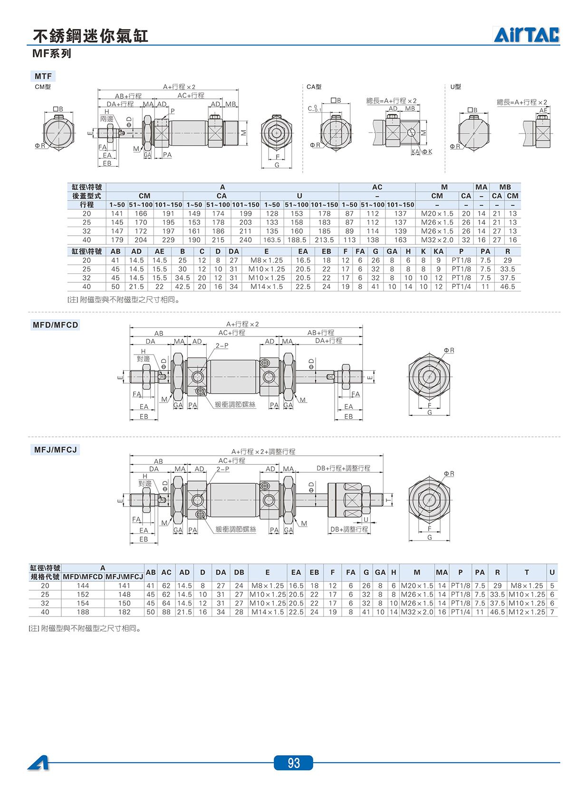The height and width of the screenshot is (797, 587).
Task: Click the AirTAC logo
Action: click(x=527, y=35)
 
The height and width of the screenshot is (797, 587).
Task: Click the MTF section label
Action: click(x=43, y=76)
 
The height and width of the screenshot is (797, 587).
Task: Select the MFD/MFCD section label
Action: click(x=55, y=325)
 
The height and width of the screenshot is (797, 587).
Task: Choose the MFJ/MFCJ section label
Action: click(x=56, y=450)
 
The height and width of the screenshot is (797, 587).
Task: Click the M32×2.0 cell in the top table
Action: click(x=437, y=240)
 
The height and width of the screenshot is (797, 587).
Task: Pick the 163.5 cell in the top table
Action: click(x=272, y=240)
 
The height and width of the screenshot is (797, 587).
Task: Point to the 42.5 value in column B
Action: click(x=182, y=287)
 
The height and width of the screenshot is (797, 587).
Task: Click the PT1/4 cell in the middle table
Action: click(x=461, y=287)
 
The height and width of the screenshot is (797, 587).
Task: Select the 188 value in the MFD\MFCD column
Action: click(x=83, y=612)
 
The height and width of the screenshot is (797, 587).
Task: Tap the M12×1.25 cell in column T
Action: click(x=527, y=612)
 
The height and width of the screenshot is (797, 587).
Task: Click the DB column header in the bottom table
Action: click(x=239, y=573)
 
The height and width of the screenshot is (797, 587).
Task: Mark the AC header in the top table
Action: click(x=377, y=187)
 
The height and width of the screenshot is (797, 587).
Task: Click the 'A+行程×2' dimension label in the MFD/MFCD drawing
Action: click(x=242, y=324)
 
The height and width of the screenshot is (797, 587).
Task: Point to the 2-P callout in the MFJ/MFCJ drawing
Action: click(x=223, y=469)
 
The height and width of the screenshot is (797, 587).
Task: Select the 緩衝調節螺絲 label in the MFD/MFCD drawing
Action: click(x=235, y=404)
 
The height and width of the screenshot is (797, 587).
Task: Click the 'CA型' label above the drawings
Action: click(x=314, y=87)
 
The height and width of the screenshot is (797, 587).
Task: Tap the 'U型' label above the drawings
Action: click(x=455, y=87)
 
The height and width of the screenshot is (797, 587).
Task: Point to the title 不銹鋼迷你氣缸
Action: click(x=90, y=36)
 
